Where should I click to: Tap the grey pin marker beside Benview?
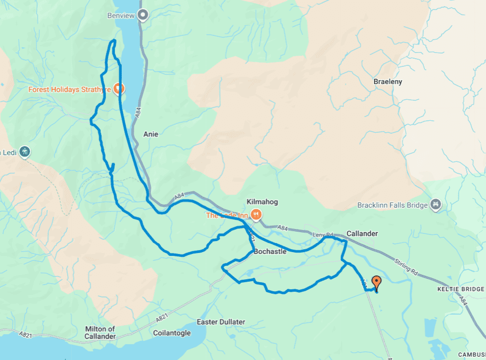click(142, 15)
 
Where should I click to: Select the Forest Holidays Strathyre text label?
click(70, 89)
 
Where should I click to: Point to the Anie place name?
click(150, 134)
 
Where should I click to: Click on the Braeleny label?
click(388, 82)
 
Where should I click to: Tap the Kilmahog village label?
click(262, 202)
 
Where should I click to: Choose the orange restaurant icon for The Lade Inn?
click(256, 215)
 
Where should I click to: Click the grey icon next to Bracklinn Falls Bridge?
click(435, 205)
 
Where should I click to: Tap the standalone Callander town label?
click(362, 233)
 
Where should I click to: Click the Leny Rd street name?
click(322, 235)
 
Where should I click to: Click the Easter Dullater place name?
click(221, 322)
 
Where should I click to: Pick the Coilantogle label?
click(172, 333)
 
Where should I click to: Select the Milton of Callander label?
click(100, 332)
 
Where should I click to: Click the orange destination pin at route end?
click(376, 283)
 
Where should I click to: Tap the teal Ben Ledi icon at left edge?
click(25, 152)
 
